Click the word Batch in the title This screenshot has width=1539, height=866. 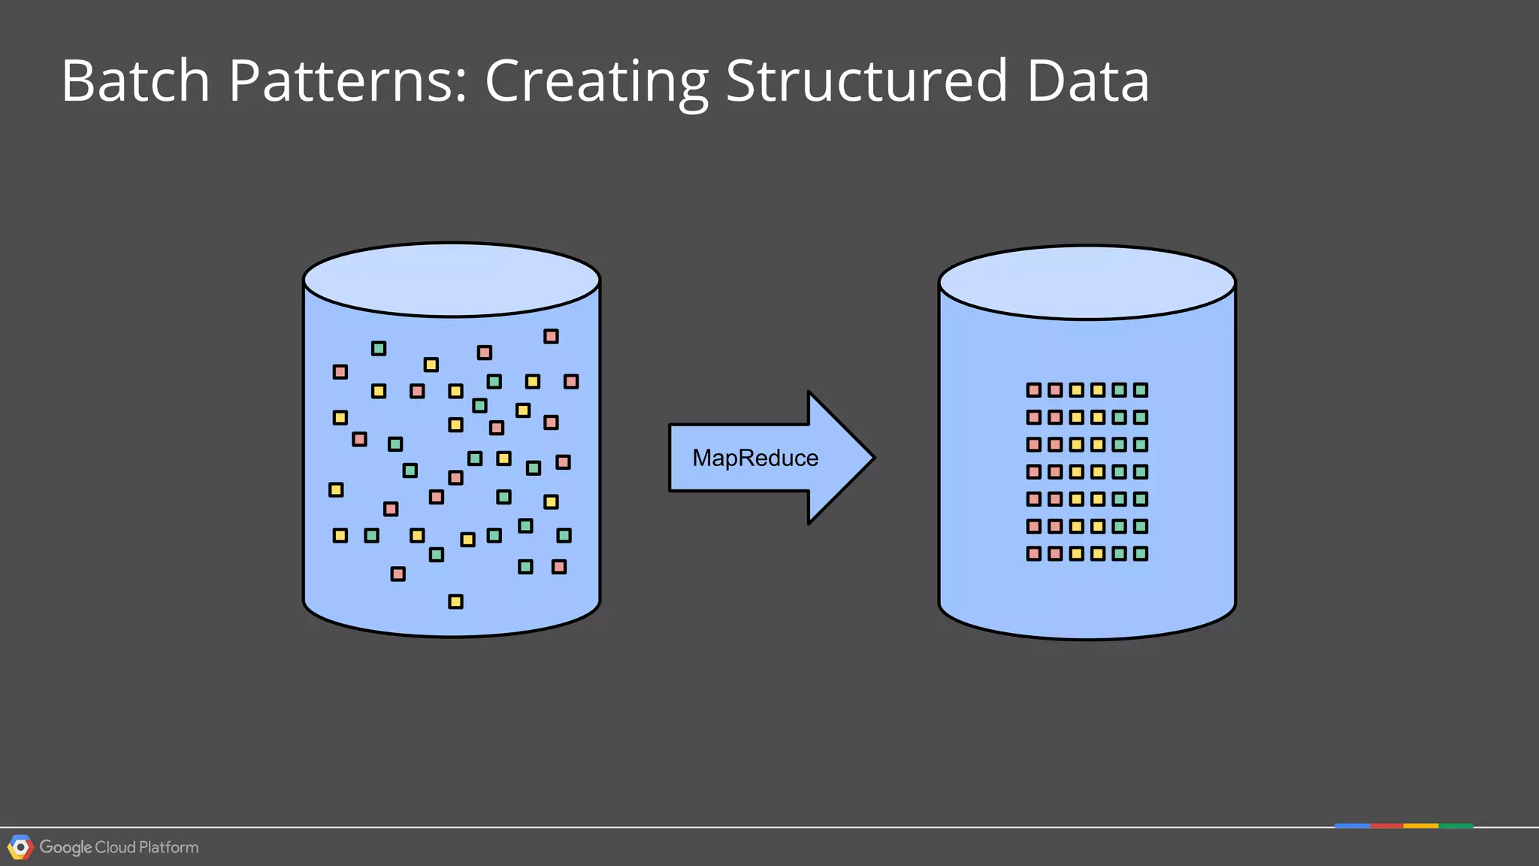coord(135,80)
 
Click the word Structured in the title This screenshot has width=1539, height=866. coord(866,80)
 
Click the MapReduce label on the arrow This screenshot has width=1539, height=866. coord(755,458)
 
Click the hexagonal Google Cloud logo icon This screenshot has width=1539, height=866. coord(20,847)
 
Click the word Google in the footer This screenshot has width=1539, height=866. coord(65,847)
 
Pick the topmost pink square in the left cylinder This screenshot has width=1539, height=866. coord(551,336)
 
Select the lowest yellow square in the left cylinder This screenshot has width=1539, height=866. coord(455,601)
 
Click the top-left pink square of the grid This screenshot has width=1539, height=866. coord(1034,390)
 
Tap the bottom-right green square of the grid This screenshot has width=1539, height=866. coord(1141,554)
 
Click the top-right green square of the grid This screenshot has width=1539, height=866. coord(1141,390)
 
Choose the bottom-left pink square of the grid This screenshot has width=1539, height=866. coord(1034,554)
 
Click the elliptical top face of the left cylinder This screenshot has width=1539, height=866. coord(452,280)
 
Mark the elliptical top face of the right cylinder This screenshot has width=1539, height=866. coord(1087,283)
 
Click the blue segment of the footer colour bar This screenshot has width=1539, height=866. coord(1352,825)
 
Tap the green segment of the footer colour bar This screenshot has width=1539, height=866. coord(1456,825)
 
